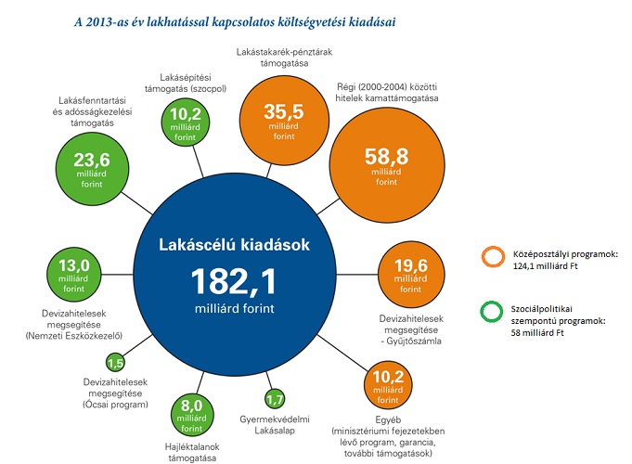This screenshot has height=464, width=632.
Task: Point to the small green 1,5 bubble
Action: coord(116,362)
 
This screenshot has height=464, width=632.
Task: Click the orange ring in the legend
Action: coord(492,258)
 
